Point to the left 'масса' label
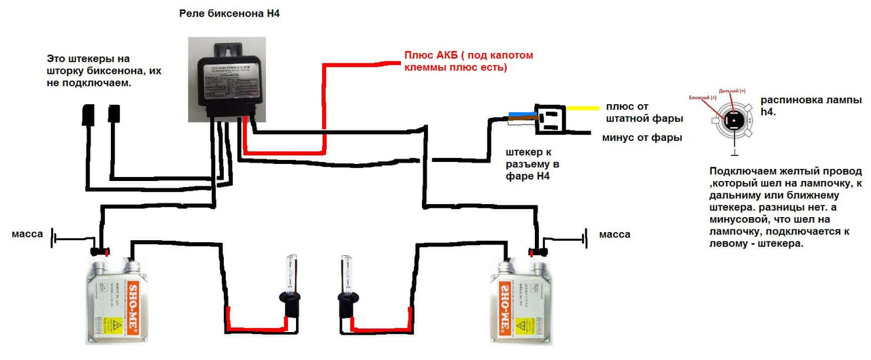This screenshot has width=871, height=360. pyautogui.click(x=28, y=234)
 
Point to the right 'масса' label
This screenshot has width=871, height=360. pyautogui.click(x=614, y=234)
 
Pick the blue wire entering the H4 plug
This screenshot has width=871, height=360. pyautogui.click(x=520, y=115)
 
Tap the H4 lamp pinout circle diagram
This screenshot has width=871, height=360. pyautogui.click(x=734, y=120)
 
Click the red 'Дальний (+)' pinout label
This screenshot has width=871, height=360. pyautogui.click(x=732, y=91)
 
